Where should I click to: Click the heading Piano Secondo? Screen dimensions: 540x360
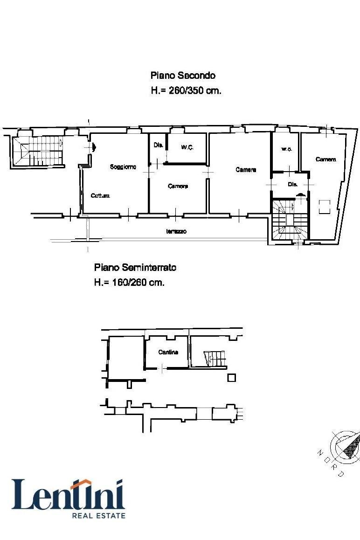(x=183, y=75)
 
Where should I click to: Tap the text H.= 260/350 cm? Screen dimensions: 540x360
(x=186, y=90)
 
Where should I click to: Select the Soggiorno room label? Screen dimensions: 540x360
(x=123, y=166)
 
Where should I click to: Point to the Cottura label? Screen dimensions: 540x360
(x=100, y=196)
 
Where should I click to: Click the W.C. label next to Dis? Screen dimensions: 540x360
(x=187, y=147)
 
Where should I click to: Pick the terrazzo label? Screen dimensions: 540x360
(x=176, y=231)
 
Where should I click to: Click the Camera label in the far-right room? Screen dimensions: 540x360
(x=325, y=159)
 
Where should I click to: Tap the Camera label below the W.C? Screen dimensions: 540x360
(x=178, y=186)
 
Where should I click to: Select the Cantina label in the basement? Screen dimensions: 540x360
(x=168, y=352)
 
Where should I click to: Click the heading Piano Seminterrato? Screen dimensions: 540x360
(x=135, y=267)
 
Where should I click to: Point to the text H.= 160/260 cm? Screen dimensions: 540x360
(x=129, y=282)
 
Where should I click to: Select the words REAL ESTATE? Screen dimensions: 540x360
(x=98, y=515)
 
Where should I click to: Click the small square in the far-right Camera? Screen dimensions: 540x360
(x=325, y=206)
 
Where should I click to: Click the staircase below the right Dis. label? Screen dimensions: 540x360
(x=290, y=221)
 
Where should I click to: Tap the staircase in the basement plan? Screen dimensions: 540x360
(x=215, y=358)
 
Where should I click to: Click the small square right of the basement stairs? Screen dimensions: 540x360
(x=231, y=378)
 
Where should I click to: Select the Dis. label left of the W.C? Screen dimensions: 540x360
(x=158, y=145)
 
